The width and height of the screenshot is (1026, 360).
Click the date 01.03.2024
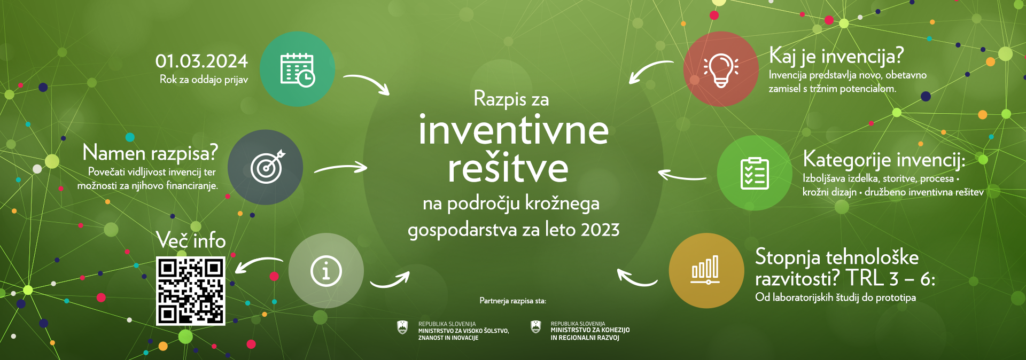point(201,61)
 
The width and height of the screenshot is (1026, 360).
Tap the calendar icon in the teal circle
point(298,69)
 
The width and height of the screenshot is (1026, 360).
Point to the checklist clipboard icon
point(755,173)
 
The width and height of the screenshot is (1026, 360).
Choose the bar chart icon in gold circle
point(706,270)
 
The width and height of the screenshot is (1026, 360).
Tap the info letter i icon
point(326,271)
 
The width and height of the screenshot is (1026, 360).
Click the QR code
point(191,291)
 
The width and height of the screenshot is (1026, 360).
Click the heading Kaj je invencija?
point(836,56)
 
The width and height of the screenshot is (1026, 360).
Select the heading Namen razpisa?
point(150,153)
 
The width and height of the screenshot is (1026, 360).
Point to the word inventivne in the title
point(514,130)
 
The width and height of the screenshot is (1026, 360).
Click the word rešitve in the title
point(508,168)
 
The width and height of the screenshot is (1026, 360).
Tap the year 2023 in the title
point(600,230)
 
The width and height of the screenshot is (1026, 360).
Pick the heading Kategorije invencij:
point(884,160)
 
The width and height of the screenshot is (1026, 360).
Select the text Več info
point(191,240)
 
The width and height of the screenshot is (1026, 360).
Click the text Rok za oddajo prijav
point(204,80)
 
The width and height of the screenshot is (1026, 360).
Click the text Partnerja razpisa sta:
point(513,301)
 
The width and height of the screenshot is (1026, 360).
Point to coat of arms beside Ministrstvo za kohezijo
point(535,327)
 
